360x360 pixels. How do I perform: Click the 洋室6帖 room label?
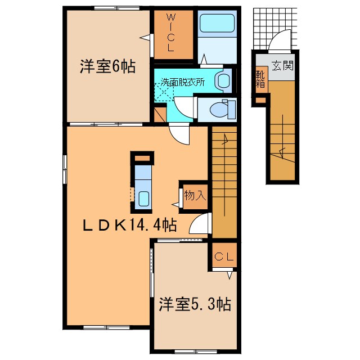pyautogui.click(x=107, y=67)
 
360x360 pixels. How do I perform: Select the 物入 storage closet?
pyautogui.click(x=195, y=196)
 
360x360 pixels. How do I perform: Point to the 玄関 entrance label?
pyautogui.click(x=283, y=66)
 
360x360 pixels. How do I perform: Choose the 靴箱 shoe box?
pyautogui.click(x=260, y=79)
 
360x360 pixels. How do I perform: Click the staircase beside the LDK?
pyautogui.click(x=224, y=180)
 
